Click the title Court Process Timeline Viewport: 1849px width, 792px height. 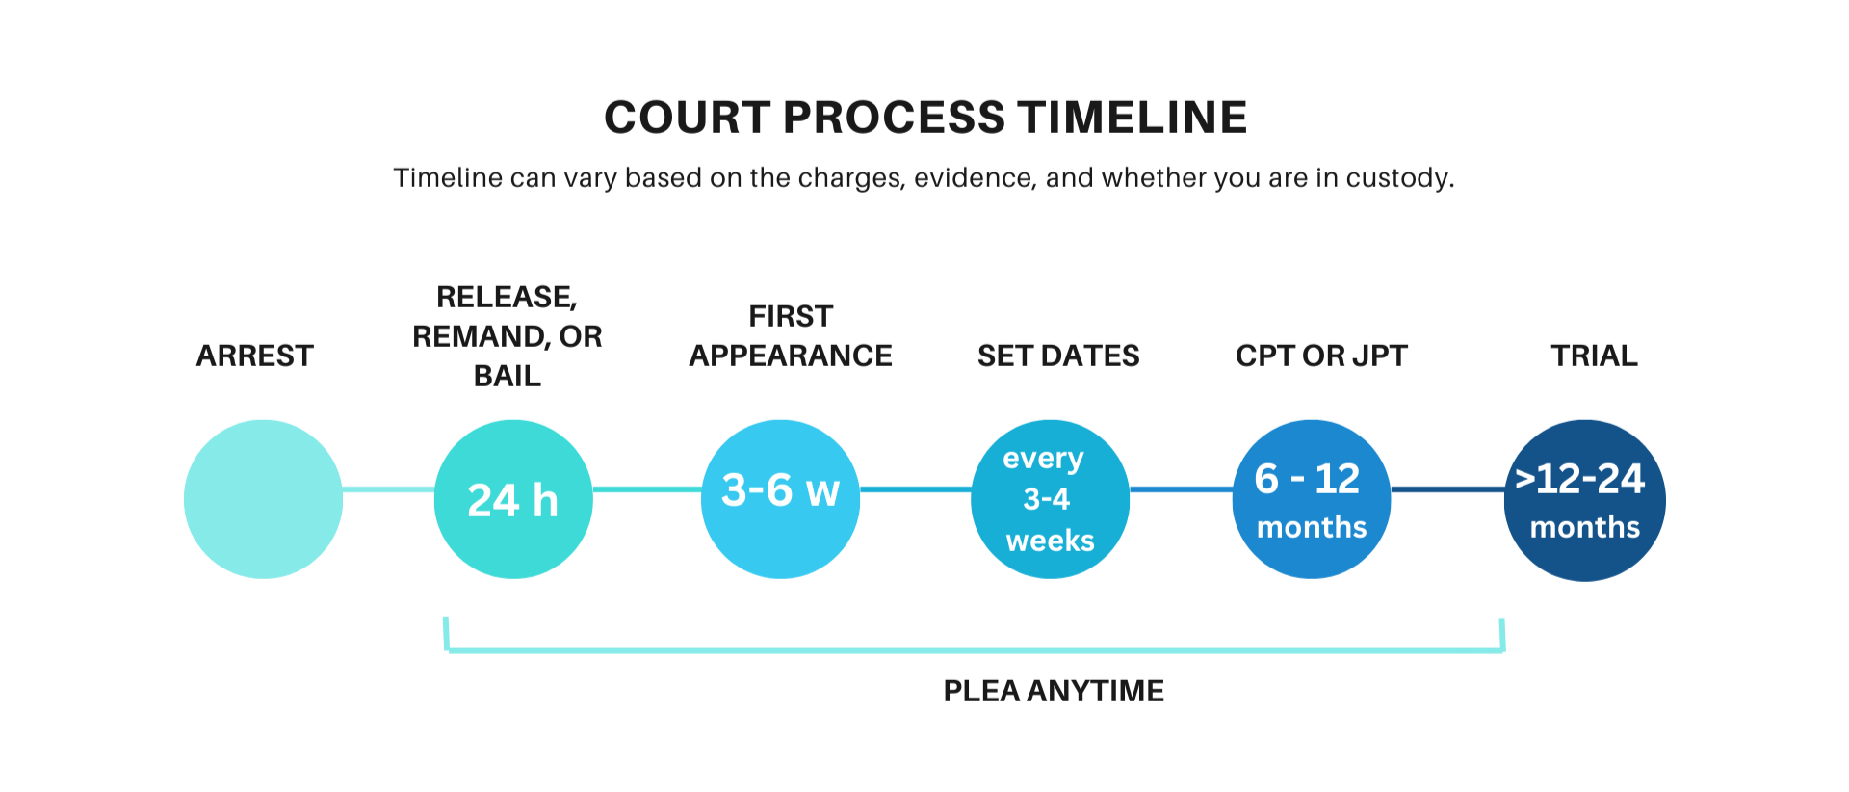(x=925, y=118)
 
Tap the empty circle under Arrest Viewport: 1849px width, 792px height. (x=263, y=498)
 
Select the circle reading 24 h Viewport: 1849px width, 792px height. (x=512, y=499)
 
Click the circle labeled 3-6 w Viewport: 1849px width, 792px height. (x=780, y=498)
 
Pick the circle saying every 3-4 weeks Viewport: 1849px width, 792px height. (x=1049, y=498)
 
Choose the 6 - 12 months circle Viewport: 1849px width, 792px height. (x=1311, y=499)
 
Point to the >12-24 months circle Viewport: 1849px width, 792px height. (x=1584, y=500)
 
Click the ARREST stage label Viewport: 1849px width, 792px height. (x=255, y=356)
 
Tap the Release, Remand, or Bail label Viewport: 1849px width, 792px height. (x=508, y=335)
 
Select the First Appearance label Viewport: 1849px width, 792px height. (x=791, y=335)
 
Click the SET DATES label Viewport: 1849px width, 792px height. (x=1058, y=356)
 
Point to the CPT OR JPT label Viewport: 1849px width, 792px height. (x=1321, y=356)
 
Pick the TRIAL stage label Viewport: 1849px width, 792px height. (x=1594, y=356)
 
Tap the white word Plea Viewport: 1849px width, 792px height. (x=1459, y=654)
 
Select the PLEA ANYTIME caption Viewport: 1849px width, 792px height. (x=1054, y=690)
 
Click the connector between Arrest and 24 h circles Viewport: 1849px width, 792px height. (x=388, y=489)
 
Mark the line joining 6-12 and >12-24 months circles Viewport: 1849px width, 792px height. (x=1447, y=489)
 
